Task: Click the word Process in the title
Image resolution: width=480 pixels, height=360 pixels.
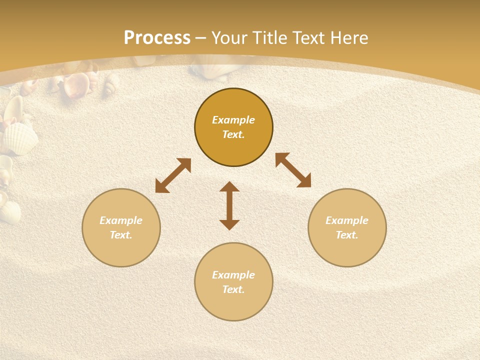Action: tap(157, 38)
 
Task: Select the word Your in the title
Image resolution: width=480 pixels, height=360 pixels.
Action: tap(229, 38)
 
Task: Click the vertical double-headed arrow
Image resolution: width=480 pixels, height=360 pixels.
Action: tap(229, 206)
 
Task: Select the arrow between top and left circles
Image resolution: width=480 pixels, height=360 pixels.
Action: tap(173, 175)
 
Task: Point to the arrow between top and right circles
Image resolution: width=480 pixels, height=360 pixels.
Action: tap(293, 170)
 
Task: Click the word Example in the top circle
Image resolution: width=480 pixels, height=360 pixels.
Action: tap(233, 120)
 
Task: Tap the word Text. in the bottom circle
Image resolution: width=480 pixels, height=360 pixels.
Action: tap(233, 289)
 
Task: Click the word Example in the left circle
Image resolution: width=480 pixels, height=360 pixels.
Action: tap(121, 220)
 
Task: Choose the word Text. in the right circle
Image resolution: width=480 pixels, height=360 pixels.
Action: tap(347, 235)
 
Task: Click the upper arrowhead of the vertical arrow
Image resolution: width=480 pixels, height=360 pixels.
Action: tap(229, 187)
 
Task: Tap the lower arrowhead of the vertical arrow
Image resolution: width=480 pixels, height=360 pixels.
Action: tap(229, 224)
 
